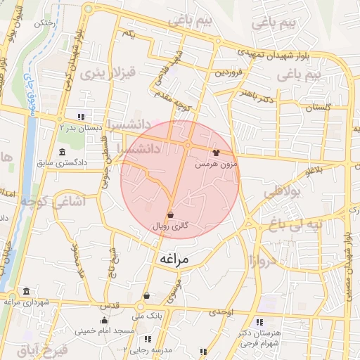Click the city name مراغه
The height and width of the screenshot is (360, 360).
(x=174, y=259)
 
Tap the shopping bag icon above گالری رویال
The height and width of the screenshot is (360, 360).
(x=171, y=214)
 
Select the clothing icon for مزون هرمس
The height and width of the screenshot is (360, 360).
(x=216, y=151)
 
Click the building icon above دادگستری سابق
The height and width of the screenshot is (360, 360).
(x=63, y=153)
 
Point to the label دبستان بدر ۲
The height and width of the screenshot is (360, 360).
(x=82, y=128)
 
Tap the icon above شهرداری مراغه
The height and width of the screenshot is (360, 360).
(x=26, y=291)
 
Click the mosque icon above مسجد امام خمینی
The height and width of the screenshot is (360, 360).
(x=105, y=321)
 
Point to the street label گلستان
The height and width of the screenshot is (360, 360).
(x=315, y=107)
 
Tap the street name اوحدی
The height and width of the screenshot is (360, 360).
(x=221, y=311)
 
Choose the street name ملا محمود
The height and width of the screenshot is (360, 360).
(x=77, y=262)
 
